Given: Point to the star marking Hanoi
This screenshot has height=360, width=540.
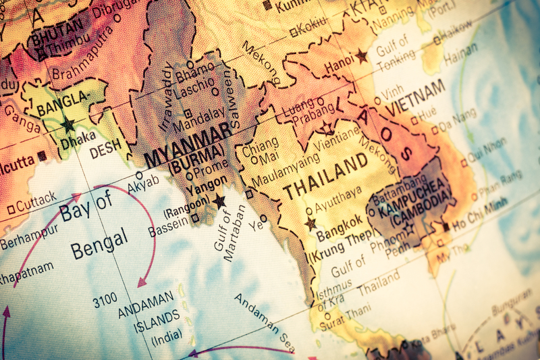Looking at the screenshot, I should (x=362, y=56).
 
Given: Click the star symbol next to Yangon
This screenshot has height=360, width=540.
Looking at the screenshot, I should (x=219, y=201).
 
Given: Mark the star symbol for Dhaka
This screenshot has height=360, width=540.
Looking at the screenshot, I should (x=67, y=125).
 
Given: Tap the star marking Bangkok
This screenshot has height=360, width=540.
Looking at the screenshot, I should (x=310, y=223).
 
